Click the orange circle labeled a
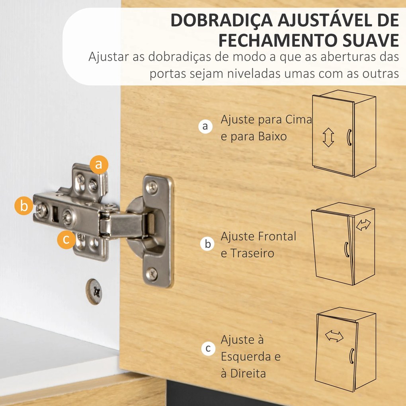click(x=99, y=164)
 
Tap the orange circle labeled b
click(x=24, y=206)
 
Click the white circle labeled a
click(x=205, y=127)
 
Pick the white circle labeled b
click(x=208, y=244)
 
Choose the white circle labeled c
click(x=208, y=349)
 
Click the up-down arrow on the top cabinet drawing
click(x=328, y=138)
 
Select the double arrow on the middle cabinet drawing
click(x=363, y=225)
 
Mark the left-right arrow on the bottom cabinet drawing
click(x=334, y=336)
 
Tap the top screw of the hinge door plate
click(x=152, y=187)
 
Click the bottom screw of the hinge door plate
click(x=152, y=274)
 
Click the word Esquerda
click(x=246, y=357)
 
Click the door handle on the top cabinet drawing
click(x=349, y=137)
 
